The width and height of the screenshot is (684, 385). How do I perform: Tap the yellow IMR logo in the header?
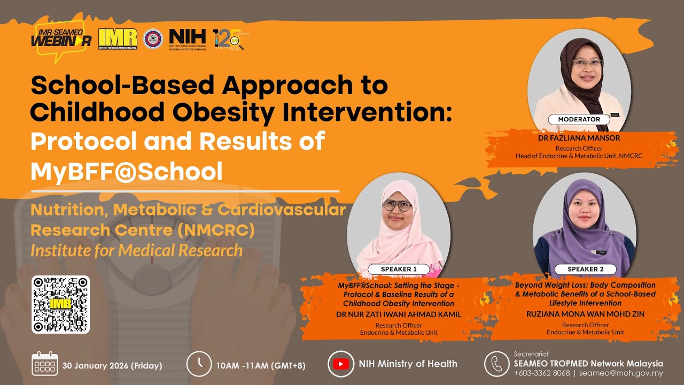[118, 38]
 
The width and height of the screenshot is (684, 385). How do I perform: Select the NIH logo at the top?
[187, 38]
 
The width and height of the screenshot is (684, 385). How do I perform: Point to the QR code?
[60, 304]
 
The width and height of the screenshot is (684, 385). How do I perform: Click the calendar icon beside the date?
[44, 364]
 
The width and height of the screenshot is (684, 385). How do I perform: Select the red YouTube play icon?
[340, 364]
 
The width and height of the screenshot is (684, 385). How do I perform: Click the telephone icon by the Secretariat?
[496, 364]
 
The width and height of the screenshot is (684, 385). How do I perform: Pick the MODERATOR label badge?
[579, 119]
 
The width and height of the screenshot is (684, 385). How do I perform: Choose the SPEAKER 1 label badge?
[399, 269]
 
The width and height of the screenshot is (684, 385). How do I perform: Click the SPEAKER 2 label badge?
[585, 269]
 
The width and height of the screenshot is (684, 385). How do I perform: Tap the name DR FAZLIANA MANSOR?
[579, 138]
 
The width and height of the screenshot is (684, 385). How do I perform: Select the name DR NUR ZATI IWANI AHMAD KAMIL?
[398, 314]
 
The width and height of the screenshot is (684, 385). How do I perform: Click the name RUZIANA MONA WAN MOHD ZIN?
[585, 314]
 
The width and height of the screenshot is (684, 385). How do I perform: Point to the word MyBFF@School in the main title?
[127, 171]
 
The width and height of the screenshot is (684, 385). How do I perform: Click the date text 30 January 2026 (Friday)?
[112, 366]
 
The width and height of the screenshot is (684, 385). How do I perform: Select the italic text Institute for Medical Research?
[136, 250]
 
